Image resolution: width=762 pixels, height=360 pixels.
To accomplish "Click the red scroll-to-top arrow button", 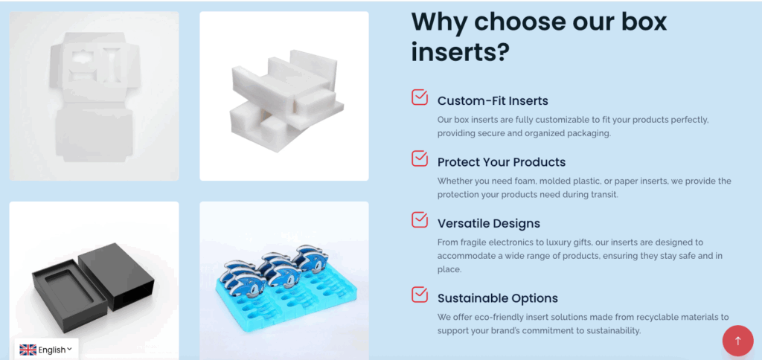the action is click(x=737, y=341).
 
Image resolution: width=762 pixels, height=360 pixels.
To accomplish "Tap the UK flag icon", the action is click(x=28, y=350).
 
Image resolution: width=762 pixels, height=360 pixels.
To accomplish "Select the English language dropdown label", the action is click(x=52, y=350).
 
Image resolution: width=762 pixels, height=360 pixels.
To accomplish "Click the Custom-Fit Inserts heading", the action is click(x=493, y=101).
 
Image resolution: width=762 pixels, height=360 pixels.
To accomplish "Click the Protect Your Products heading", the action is click(x=502, y=162).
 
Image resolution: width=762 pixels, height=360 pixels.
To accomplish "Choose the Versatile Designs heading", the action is click(x=489, y=223).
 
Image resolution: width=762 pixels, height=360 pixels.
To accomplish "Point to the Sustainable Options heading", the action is click(x=498, y=298).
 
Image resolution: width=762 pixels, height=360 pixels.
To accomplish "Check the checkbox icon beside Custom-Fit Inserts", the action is click(x=420, y=97).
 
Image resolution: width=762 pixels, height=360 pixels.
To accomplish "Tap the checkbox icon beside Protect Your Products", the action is click(x=420, y=158).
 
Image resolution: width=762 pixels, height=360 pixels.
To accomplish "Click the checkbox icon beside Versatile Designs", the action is click(x=420, y=219).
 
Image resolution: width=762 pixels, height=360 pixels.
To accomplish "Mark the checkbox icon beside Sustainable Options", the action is click(x=420, y=295).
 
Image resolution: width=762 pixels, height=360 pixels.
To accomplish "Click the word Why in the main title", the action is click(x=438, y=22).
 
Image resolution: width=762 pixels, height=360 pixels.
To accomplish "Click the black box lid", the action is click(x=116, y=275).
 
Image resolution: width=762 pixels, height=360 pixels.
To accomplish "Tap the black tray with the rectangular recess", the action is click(x=69, y=295).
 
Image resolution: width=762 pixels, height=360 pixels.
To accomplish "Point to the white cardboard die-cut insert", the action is click(x=94, y=97).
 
